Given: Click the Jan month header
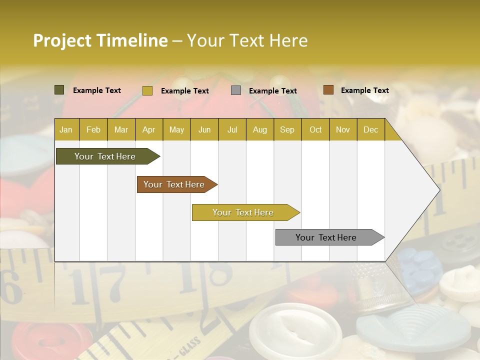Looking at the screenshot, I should (x=66, y=129).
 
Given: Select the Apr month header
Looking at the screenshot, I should (x=148, y=129).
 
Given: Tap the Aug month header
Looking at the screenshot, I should (x=259, y=129).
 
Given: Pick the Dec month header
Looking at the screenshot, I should (x=370, y=129).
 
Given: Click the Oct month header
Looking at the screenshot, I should (x=315, y=129).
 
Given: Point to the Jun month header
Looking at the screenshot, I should (x=204, y=129).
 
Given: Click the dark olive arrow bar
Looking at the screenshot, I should (x=105, y=156).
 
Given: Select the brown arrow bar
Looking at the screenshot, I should (x=174, y=184).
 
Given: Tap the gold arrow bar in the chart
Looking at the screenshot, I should (x=243, y=212).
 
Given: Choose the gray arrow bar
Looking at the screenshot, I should (x=326, y=237).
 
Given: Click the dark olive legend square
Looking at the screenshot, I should (x=59, y=90).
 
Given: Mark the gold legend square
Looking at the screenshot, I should (x=147, y=90).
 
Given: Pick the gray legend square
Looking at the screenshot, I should (x=236, y=90).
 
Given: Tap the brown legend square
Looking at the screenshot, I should (x=328, y=90).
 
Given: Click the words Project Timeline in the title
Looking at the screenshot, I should (x=100, y=40).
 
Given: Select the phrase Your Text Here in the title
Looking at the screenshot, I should (x=247, y=40).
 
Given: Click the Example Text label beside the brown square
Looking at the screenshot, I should (x=364, y=90).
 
